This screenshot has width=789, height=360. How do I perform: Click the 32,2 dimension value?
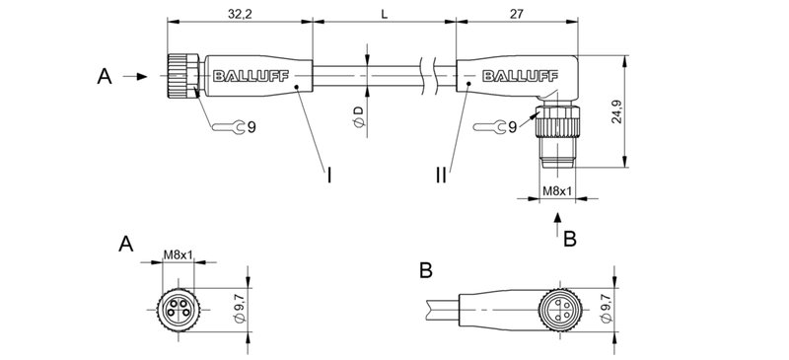click(239, 14)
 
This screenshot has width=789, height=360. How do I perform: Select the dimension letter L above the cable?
click(383, 14)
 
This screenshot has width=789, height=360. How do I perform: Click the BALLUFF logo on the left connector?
click(234, 73)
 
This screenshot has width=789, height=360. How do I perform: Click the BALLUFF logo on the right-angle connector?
click(515, 73)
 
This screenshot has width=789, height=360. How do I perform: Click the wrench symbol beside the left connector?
click(227, 126)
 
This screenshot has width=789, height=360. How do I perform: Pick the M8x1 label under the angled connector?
click(559, 189)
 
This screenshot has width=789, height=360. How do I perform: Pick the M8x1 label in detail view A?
click(179, 256)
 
